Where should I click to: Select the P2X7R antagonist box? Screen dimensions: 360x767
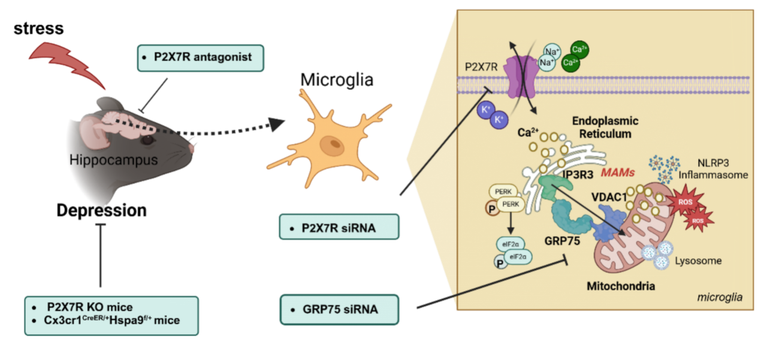[200, 58]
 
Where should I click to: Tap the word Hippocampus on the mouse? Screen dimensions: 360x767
[113, 160]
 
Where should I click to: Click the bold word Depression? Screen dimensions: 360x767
[101, 210]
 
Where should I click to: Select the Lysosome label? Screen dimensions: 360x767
[698, 261]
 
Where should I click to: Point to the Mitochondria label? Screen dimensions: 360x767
[621, 286]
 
